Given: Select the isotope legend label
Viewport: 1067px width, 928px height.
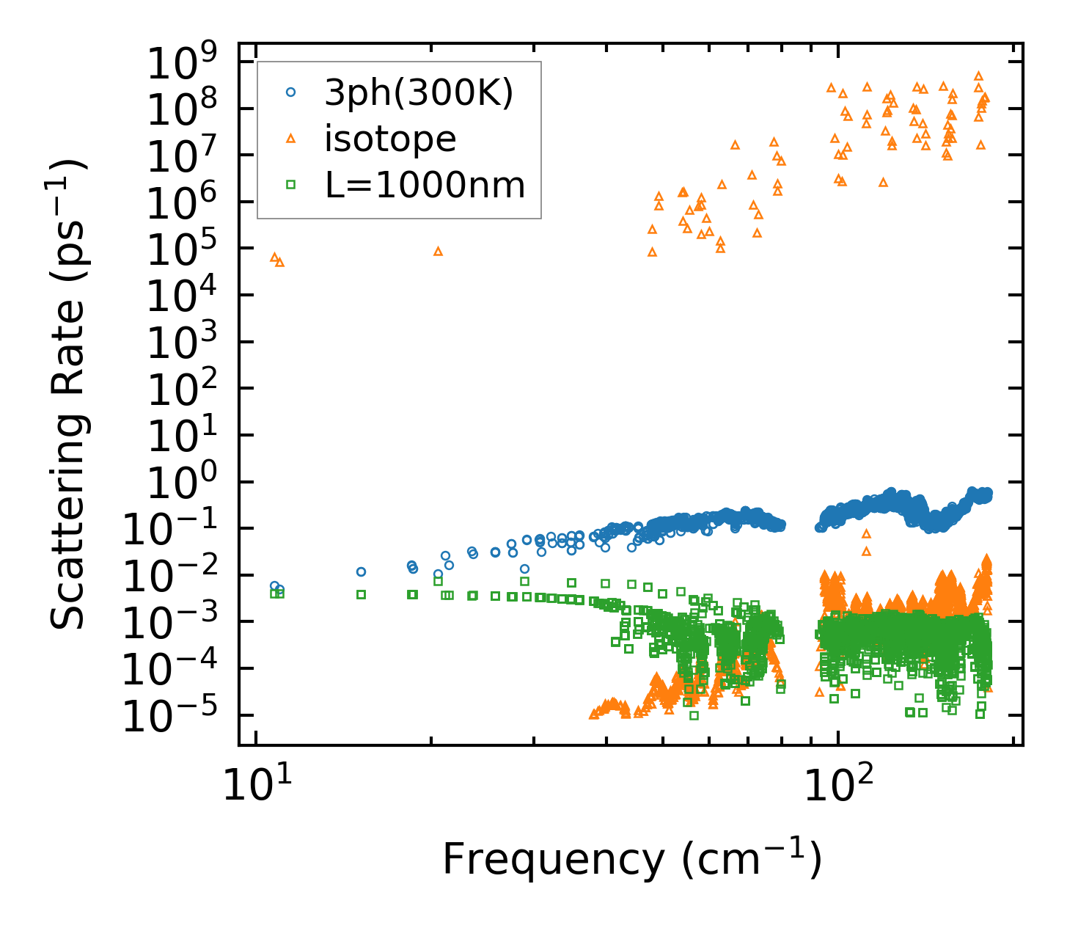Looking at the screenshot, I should (390, 139).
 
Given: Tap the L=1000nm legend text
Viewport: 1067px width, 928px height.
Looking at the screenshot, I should (425, 186).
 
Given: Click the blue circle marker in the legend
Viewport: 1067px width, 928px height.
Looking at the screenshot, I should (291, 92).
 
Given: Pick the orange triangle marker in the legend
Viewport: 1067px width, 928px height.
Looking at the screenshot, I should (291, 138).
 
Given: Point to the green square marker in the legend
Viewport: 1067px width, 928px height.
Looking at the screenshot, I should (291, 185).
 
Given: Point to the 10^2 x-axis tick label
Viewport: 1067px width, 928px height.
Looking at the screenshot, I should (837, 786).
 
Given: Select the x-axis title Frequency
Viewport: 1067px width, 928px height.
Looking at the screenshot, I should (631, 860).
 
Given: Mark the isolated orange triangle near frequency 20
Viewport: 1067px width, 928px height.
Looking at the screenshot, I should (438, 251).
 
